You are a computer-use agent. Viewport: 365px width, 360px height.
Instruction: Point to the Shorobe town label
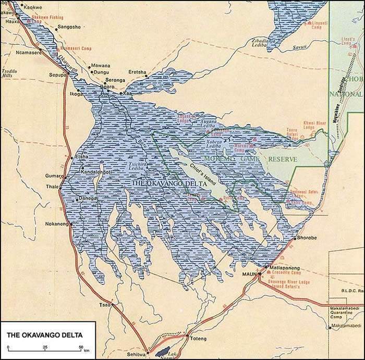coord(306,239)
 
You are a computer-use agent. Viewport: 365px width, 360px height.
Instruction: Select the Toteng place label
coord(198,339)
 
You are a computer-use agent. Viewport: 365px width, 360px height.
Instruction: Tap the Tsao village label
coord(104,304)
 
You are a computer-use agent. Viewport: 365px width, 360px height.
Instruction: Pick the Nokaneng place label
coord(57,224)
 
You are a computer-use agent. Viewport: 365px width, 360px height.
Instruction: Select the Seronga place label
coord(115,80)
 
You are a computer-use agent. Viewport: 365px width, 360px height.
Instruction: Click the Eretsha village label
coord(136,72)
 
